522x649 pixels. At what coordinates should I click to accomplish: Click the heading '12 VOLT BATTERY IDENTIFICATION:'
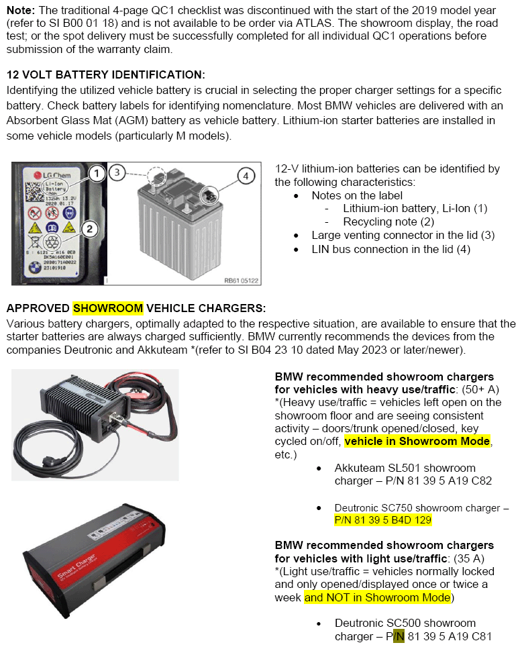(x=105, y=74)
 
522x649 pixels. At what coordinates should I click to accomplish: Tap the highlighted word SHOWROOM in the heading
(x=107, y=308)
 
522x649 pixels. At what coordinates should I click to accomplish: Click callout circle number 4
(x=246, y=177)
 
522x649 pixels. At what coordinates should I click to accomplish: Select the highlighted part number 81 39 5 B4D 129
(x=382, y=520)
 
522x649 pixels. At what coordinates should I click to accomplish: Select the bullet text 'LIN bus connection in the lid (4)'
(x=390, y=249)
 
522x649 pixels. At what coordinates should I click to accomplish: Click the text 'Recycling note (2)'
(x=388, y=221)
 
